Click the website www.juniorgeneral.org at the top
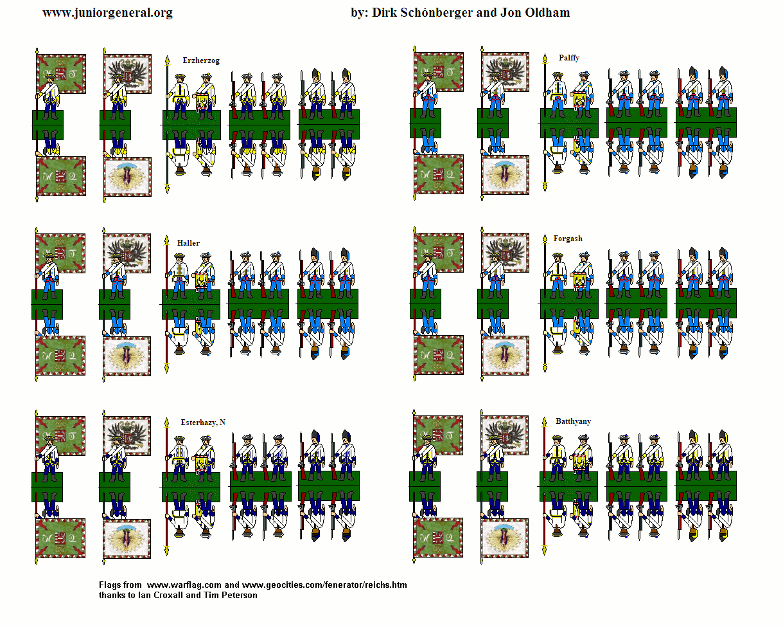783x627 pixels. click(107, 13)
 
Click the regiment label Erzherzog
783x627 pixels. click(201, 61)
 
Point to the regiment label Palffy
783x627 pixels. click(568, 58)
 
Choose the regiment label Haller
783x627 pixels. click(188, 243)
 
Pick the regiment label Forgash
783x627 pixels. click(568, 239)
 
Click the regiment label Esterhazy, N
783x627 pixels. click(203, 423)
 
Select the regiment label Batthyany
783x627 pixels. click(573, 421)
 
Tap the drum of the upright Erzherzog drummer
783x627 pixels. click(202, 102)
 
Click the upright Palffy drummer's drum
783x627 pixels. click(580, 100)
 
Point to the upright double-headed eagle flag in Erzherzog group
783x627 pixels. click(127, 73)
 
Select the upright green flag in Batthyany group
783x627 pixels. click(437, 435)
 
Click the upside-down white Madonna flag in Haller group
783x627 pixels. click(127, 356)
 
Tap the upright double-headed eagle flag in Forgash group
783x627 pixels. click(505, 253)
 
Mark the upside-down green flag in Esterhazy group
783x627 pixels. click(60, 538)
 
